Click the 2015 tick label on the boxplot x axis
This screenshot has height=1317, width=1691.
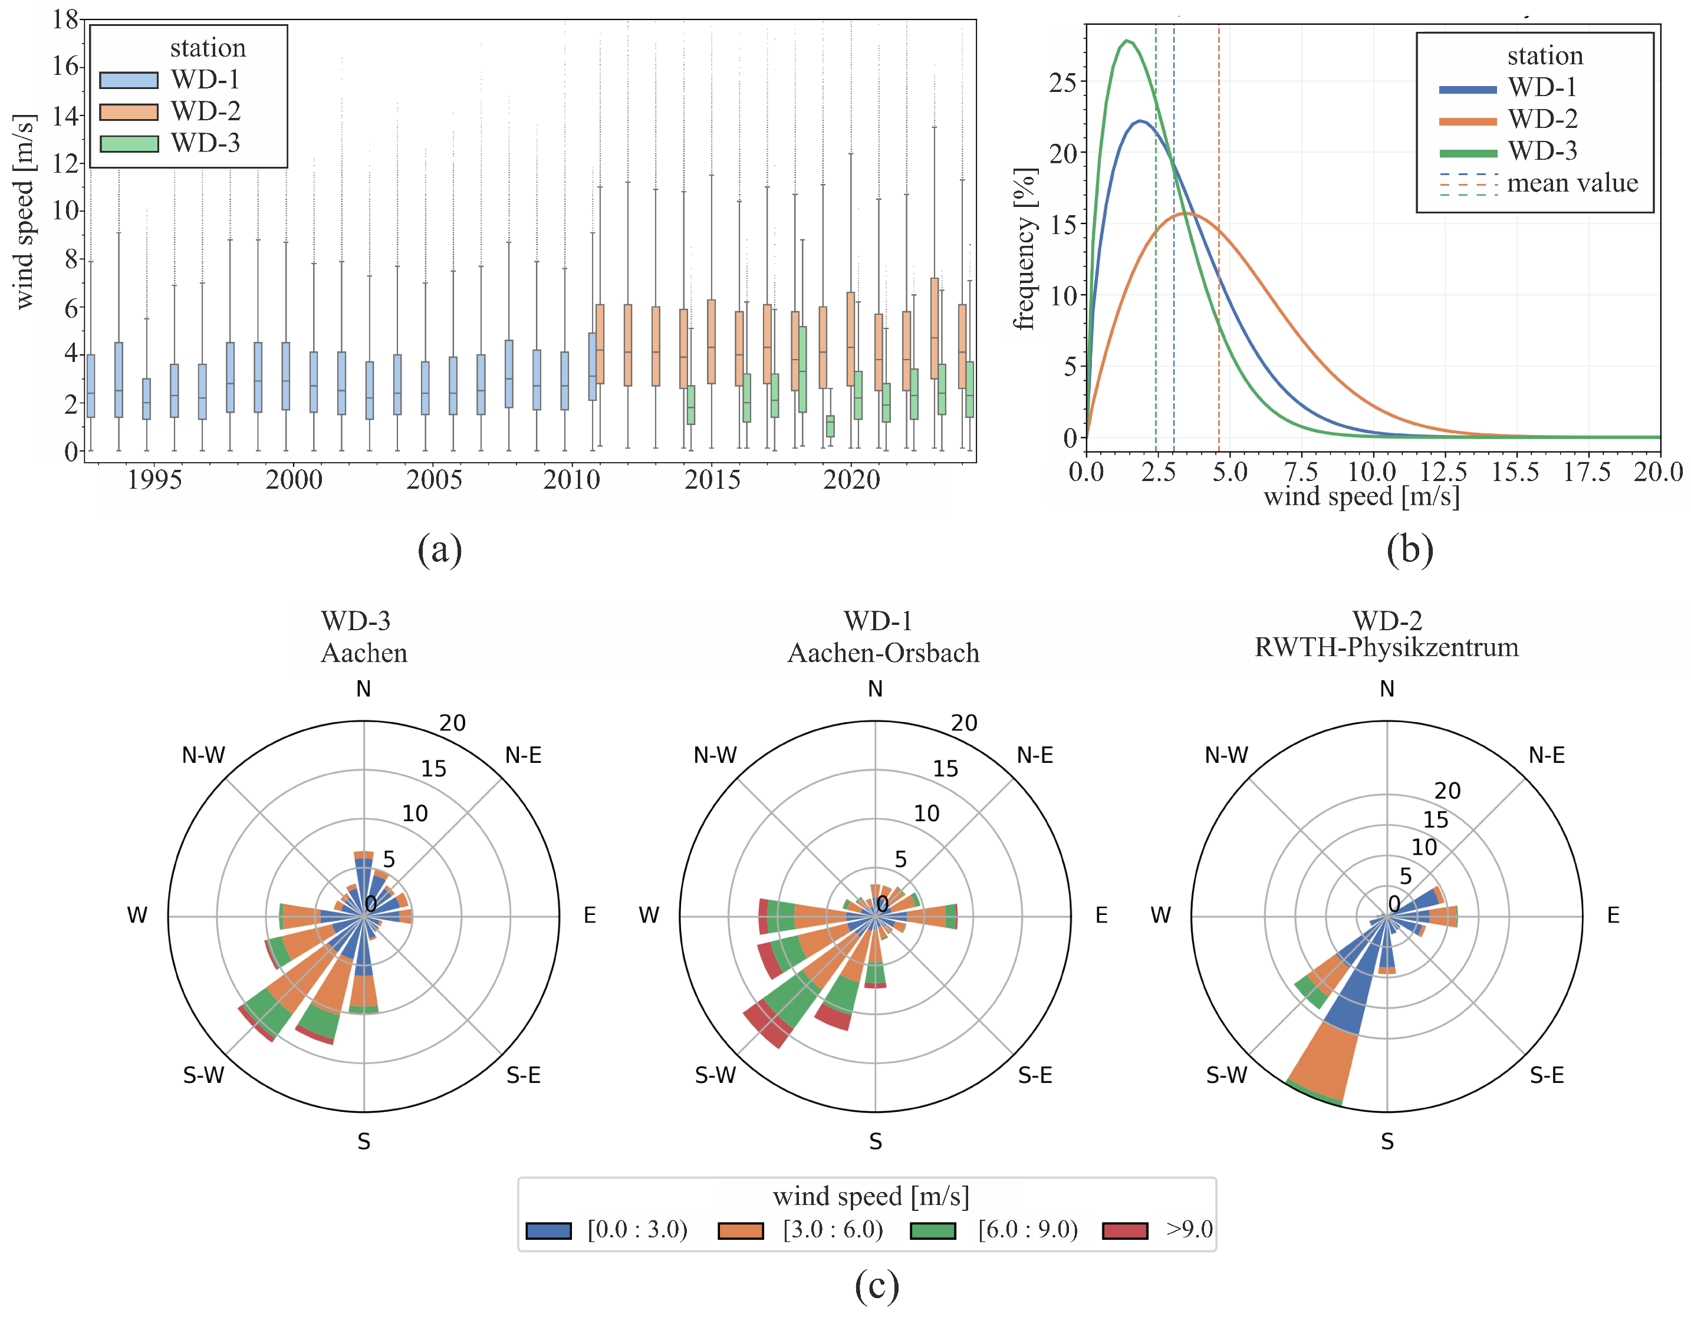click(712, 480)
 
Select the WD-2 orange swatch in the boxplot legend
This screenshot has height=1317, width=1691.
click(129, 112)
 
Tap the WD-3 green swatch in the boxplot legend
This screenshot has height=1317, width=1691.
click(129, 144)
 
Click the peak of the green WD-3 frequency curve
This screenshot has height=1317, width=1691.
click(1127, 40)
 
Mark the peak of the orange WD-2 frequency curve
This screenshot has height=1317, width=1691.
click(1185, 213)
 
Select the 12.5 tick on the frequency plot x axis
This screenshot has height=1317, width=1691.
click(1443, 472)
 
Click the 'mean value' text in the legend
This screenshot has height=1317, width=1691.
click(1572, 183)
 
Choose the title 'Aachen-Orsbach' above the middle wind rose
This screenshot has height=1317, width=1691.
click(883, 653)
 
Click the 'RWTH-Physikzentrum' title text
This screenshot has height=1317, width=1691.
click(1387, 647)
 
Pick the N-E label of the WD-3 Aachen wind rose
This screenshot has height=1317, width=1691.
click(524, 755)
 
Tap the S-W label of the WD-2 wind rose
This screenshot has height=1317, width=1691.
click(1226, 1075)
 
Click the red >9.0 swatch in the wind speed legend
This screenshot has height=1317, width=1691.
click(1125, 1230)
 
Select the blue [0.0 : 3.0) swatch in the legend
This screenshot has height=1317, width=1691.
click(549, 1230)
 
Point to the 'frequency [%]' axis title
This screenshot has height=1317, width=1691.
click(1025, 249)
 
